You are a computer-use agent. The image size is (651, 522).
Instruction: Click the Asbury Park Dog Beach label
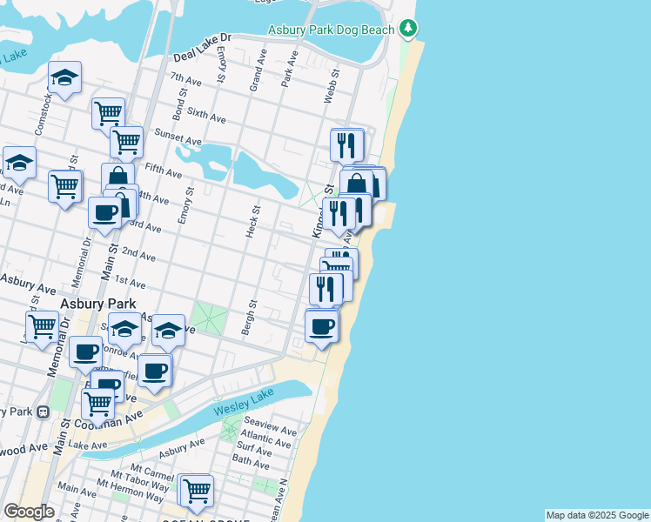click(x=332, y=29)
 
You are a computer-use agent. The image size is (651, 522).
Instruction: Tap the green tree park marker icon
click(x=408, y=29)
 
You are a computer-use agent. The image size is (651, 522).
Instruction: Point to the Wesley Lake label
click(x=244, y=402)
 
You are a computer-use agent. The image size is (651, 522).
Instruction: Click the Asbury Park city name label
click(x=95, y=304)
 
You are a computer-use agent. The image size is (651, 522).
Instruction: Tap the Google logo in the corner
click(x=29, y=512)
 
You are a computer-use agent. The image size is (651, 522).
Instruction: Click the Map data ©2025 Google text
click(x=597, y=515)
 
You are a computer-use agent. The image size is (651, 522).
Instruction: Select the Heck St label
click(x=254, y=223)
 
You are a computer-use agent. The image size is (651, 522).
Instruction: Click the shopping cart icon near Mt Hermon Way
click(x=197, y=490)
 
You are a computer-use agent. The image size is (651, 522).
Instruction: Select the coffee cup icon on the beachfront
click(x=322, y=326)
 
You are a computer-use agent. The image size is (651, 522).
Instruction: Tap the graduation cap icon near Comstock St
click(x=64, y=78)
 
